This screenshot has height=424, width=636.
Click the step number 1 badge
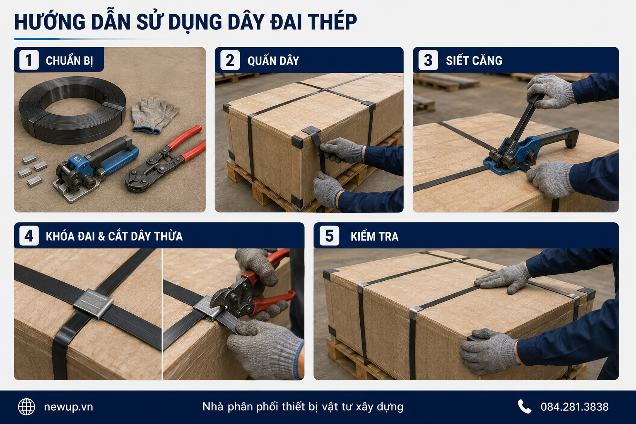[x=29, y=60]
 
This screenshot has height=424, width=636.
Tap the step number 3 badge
[x=428, y=60]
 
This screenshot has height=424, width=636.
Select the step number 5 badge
[x=329, y=236]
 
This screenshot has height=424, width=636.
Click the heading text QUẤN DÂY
[x=273, y=61]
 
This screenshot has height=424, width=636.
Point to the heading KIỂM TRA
[x=374, y=236]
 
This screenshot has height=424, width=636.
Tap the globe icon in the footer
[x=26, y=407]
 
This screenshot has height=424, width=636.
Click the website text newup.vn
[x=68, y=407]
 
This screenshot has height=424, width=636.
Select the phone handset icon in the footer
[x=524, y=406]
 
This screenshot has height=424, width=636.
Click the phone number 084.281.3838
[x=574, y=407]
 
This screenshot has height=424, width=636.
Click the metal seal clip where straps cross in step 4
[x=93, y=304]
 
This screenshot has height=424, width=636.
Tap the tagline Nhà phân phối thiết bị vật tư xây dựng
[x=303, y=407]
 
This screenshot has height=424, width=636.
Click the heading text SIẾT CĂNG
[x=474, y=60]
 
